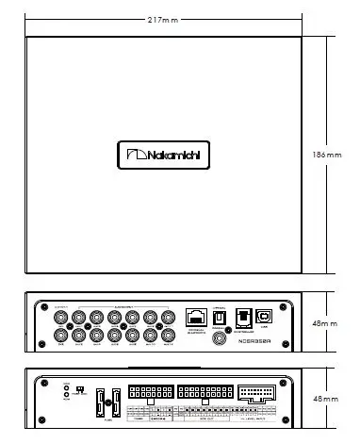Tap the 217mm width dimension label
pos(163,20)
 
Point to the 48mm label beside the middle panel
pos(324,323)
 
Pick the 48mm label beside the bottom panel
pos(324,400)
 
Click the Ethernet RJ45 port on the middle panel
pos(196,317)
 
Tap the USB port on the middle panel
pos(267,317)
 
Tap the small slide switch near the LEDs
pos(81,388)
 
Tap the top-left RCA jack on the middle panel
pos(58,317)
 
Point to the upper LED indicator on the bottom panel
pos(65,386)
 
